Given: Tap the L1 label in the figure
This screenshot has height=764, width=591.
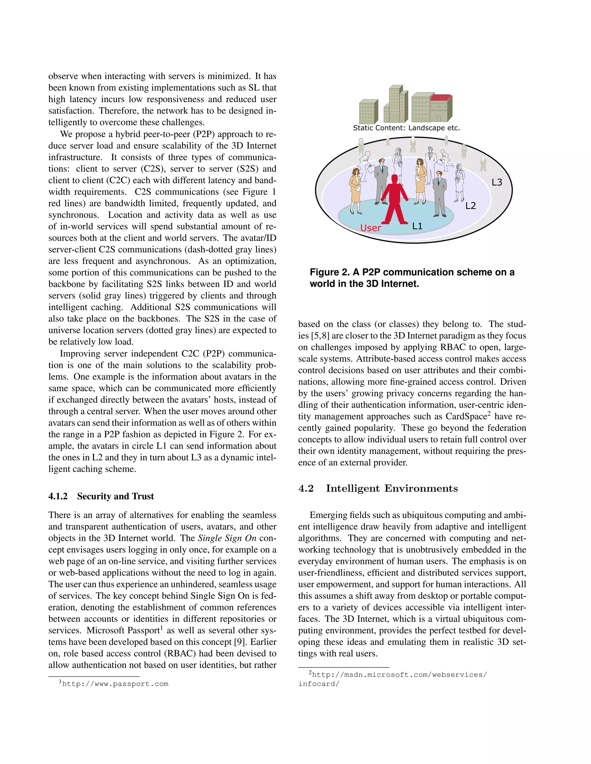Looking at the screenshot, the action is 417,226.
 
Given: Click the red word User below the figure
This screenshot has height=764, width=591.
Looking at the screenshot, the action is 371,228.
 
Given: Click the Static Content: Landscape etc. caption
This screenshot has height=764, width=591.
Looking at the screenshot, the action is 406,128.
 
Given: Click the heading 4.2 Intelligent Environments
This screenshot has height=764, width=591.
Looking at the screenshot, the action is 378,488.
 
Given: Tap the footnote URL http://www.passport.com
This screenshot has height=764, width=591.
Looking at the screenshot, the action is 115,684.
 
